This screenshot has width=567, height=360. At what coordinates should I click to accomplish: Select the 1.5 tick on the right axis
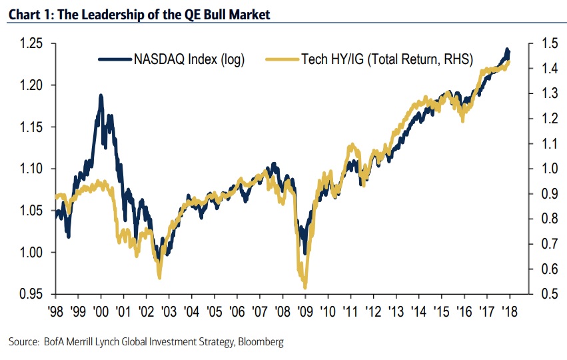coord(545,43)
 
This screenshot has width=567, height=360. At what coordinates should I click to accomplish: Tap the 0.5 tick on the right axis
coord(545,294)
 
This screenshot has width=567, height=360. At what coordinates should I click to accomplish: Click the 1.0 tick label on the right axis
coord(545,169)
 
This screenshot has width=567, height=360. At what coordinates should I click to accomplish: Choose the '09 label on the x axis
coord(306,311)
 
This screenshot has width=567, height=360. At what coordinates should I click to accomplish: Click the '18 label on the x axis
coord(511,311)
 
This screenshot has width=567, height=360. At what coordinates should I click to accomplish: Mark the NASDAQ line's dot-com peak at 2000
coord(101,96)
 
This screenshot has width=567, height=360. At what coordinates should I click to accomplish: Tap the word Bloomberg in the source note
coord(261,342)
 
